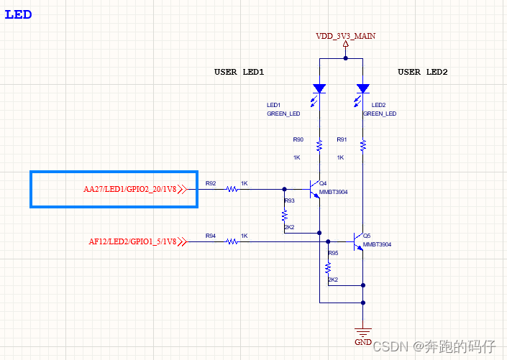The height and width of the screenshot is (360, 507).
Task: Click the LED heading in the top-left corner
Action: [18, 14]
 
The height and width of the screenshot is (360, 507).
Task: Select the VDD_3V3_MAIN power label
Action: [345, 35]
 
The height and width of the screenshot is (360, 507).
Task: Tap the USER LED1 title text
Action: [239, 72]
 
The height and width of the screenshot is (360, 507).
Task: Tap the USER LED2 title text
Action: [423, 72]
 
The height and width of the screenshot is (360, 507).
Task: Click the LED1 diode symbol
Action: [319, 89]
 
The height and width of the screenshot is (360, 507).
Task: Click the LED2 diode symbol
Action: [363, 89]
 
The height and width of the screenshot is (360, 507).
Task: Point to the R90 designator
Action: [298, 139]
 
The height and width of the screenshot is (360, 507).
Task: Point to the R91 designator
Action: [342, 139]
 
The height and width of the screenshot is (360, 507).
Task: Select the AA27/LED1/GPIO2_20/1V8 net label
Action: [130, 190]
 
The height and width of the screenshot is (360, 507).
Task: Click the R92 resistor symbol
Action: [232, 190]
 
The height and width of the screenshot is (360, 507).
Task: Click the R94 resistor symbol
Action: [232, 241]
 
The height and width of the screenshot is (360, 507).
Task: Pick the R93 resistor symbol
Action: [285, 214]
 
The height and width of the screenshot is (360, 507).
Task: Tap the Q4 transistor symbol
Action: [314, 189]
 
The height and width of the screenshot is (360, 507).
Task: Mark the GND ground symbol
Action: [363, 331]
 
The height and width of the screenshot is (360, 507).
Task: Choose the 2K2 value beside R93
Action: [290, 227]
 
